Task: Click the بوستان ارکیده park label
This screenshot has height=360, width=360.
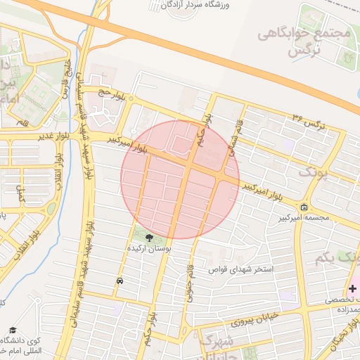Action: click(149, 249)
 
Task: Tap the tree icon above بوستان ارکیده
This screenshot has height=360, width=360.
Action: click(148, 237)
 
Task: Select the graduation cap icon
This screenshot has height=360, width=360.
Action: click(12, 330)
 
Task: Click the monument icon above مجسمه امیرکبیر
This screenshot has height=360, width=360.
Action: click(304, 207)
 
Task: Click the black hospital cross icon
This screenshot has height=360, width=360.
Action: click(352, 288)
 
